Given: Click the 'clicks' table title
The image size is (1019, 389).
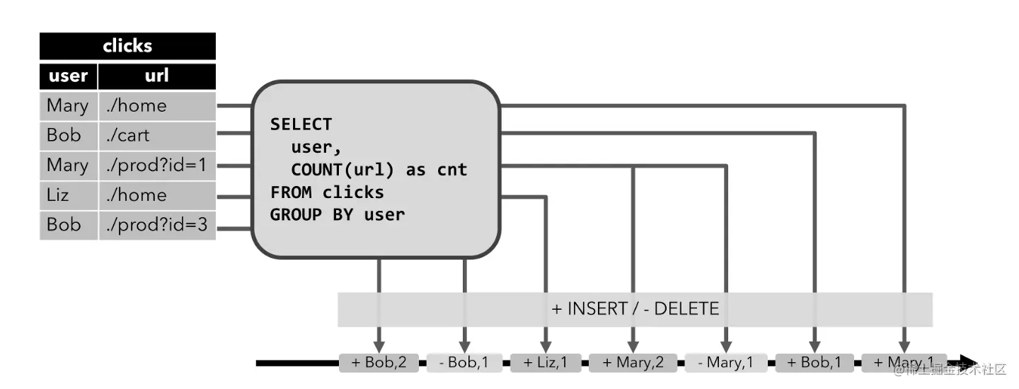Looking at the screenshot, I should tap(127, 46).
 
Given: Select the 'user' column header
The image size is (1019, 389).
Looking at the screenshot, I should tap(68, 76).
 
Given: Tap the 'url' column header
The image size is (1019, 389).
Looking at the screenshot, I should tap(156, 76).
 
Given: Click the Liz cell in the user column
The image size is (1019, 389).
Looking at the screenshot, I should tap(68, 194).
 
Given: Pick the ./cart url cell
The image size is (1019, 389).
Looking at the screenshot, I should tap(156, 135).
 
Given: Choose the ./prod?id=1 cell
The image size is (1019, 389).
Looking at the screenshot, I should tap(156, 165).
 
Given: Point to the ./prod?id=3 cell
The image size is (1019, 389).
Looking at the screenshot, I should tap(156, 225).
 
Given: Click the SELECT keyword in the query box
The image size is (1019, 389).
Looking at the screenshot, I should tap(301, 124).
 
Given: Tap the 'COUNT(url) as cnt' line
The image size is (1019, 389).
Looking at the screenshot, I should tap(379, 170).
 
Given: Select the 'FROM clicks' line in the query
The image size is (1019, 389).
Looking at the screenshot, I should tap(327, 192).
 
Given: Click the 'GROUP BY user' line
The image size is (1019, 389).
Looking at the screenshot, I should tap(338, 214).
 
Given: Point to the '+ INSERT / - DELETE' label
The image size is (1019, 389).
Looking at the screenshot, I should tap(635, 309).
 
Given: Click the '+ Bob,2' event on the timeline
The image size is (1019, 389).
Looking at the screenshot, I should tap(379, 363).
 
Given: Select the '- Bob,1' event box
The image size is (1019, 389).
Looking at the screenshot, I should tap(465, 363).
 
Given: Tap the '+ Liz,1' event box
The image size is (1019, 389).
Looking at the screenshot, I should tap(546, 363).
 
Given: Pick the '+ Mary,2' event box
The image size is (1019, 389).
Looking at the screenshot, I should tap(633, 363).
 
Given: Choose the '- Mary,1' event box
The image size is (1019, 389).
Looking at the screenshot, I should tap(725, 363).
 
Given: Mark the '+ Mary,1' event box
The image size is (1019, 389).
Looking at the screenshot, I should tap(904, 363).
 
